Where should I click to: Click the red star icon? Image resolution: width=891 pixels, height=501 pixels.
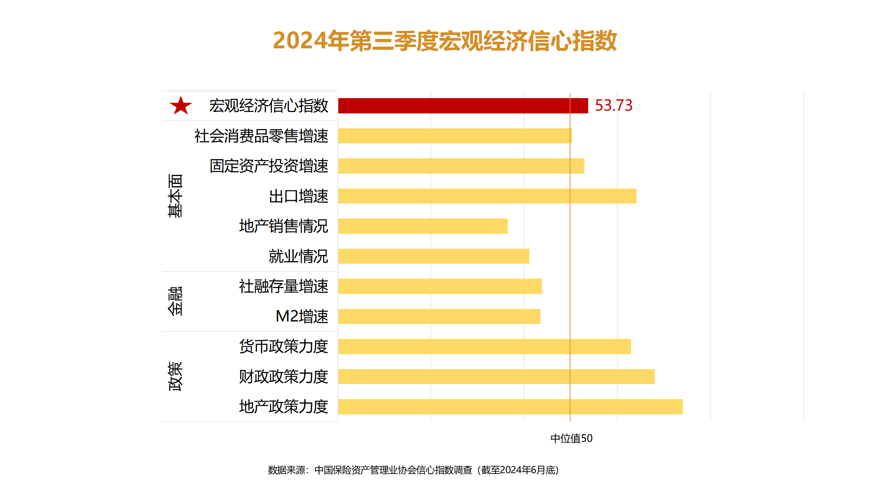tap(181, 106)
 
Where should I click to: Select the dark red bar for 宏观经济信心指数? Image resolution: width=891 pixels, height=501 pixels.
tap(463, 106)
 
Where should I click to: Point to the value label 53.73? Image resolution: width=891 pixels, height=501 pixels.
tap(614, 105)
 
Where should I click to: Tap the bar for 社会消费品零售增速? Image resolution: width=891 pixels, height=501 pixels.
tap(455, 136)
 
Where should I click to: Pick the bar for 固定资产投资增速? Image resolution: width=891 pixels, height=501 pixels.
tap(461, 166)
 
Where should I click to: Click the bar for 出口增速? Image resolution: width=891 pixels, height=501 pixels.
tap(487, 196)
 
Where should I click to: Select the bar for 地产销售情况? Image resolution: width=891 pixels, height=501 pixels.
tap(423, 226)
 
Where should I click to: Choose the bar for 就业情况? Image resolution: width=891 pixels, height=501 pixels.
tap(433, 256)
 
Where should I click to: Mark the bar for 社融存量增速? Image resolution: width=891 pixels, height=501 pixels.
tap(440, 286)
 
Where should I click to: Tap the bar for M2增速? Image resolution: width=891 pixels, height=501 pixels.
tap(439, 316)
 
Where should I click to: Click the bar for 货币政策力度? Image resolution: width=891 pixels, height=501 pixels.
tap(484, 347)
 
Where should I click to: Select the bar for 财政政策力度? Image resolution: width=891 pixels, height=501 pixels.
tap(496, 376)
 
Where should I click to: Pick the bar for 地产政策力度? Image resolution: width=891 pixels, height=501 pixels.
tap(510, 407)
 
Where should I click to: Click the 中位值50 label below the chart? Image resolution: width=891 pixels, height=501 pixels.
tap(571, 438)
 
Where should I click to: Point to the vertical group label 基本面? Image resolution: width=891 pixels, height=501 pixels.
tap(175, 196)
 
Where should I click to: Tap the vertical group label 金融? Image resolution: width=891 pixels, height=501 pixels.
tap(175, 301)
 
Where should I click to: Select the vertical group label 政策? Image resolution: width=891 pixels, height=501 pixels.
tap(175, 376)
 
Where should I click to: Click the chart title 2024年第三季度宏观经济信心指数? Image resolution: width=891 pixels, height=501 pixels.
tap(445, 41)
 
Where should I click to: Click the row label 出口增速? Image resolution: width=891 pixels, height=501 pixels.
tap(298, 196)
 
